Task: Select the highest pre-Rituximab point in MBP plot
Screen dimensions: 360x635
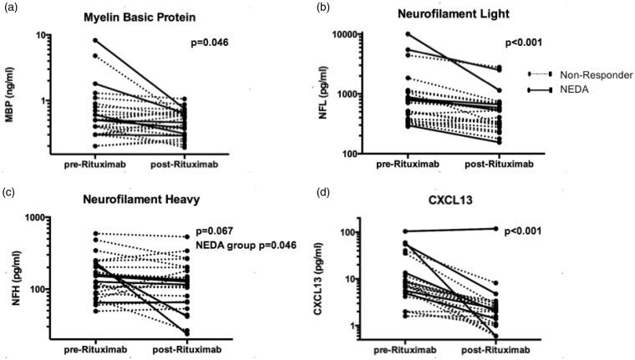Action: point(94,40)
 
